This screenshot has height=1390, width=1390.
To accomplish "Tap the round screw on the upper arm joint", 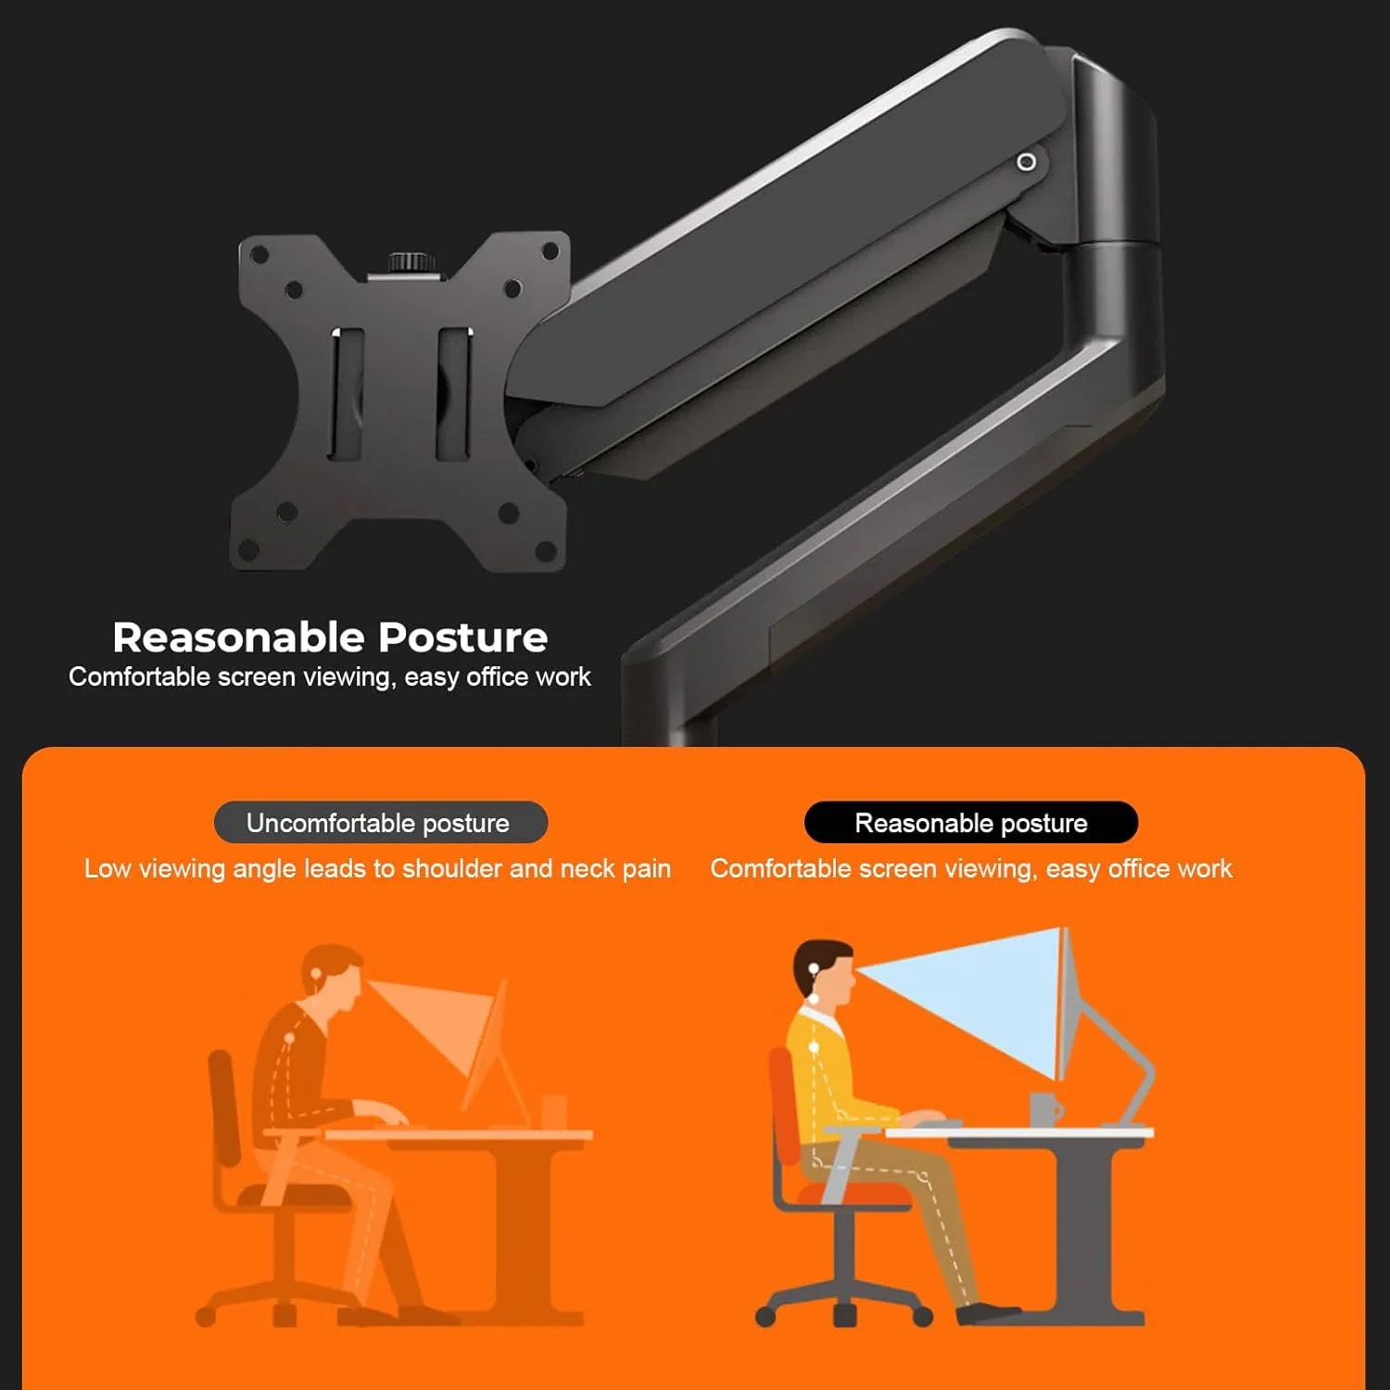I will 1026,162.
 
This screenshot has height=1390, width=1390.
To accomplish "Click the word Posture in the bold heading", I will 462,638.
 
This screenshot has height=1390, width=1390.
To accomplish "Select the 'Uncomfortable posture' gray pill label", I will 380,823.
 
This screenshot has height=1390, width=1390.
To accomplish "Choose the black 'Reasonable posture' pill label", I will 970,823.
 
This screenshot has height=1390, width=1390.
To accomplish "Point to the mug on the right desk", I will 1045,1109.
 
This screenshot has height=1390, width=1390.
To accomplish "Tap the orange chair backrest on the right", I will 784,1107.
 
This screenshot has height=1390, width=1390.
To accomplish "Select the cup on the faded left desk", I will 554,1111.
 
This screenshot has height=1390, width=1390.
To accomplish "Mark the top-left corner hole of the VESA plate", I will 259,254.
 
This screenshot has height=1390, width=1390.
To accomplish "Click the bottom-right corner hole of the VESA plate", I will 546,552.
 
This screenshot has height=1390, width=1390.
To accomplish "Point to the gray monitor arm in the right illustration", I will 1126,1066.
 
